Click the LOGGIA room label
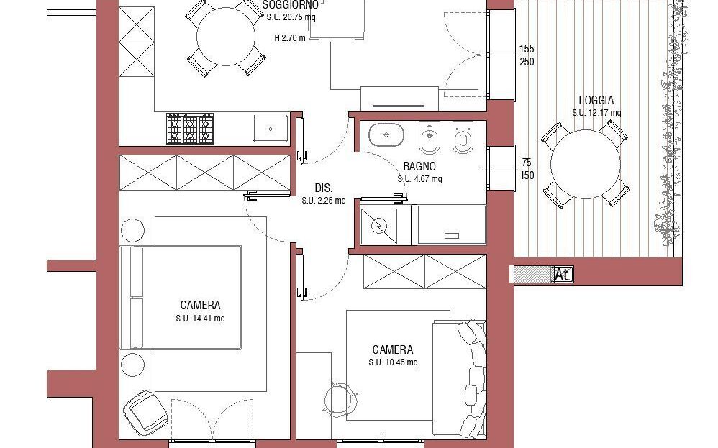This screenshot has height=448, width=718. pos(596,100)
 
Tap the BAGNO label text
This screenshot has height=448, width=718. pos(419,167)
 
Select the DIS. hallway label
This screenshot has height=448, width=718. pos(324,188)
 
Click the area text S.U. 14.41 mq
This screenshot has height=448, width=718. pos(200,319)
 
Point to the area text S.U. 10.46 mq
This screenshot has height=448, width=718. pos(393,362)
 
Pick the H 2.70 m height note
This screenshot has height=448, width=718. pos(290,38)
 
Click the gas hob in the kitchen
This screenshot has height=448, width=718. pos(190,129)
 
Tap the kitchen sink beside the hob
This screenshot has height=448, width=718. pos(271,129)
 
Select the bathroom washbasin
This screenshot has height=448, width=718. pos(386,135)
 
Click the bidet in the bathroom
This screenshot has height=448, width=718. pos(429,138)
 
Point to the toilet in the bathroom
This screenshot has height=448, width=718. pos(463,138)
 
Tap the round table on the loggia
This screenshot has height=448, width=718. pos(585,164)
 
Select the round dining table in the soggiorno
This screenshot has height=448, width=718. pos(226,37)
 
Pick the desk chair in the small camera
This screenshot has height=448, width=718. pos(340,399)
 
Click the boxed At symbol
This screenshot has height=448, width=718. pos(563,275)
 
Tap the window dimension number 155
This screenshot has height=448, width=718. pos(527,49)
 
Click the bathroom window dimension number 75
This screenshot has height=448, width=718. pos(527,163)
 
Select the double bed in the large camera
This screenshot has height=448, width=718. pos(181,298)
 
